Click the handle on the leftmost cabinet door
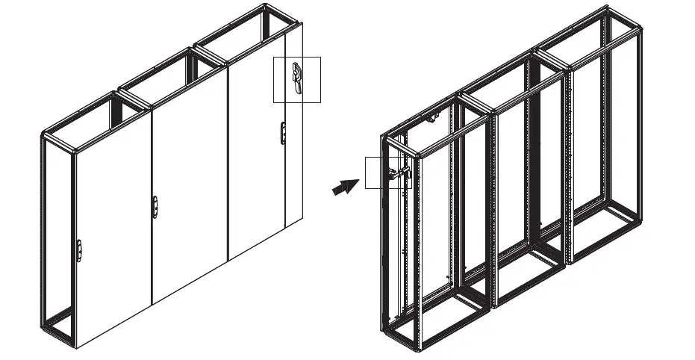pos(80,251)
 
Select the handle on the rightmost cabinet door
pos(282,131)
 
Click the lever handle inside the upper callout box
pos(298,78)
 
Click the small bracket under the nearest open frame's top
pos(431,118)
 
